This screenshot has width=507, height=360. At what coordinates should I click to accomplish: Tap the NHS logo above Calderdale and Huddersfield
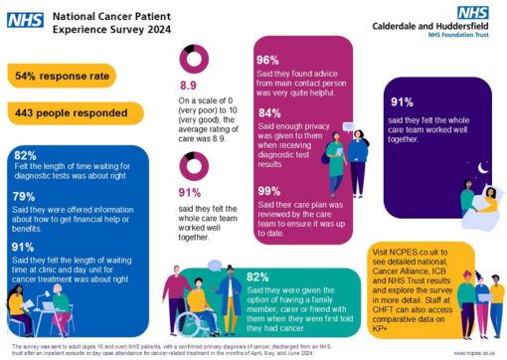tap(475, 15)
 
